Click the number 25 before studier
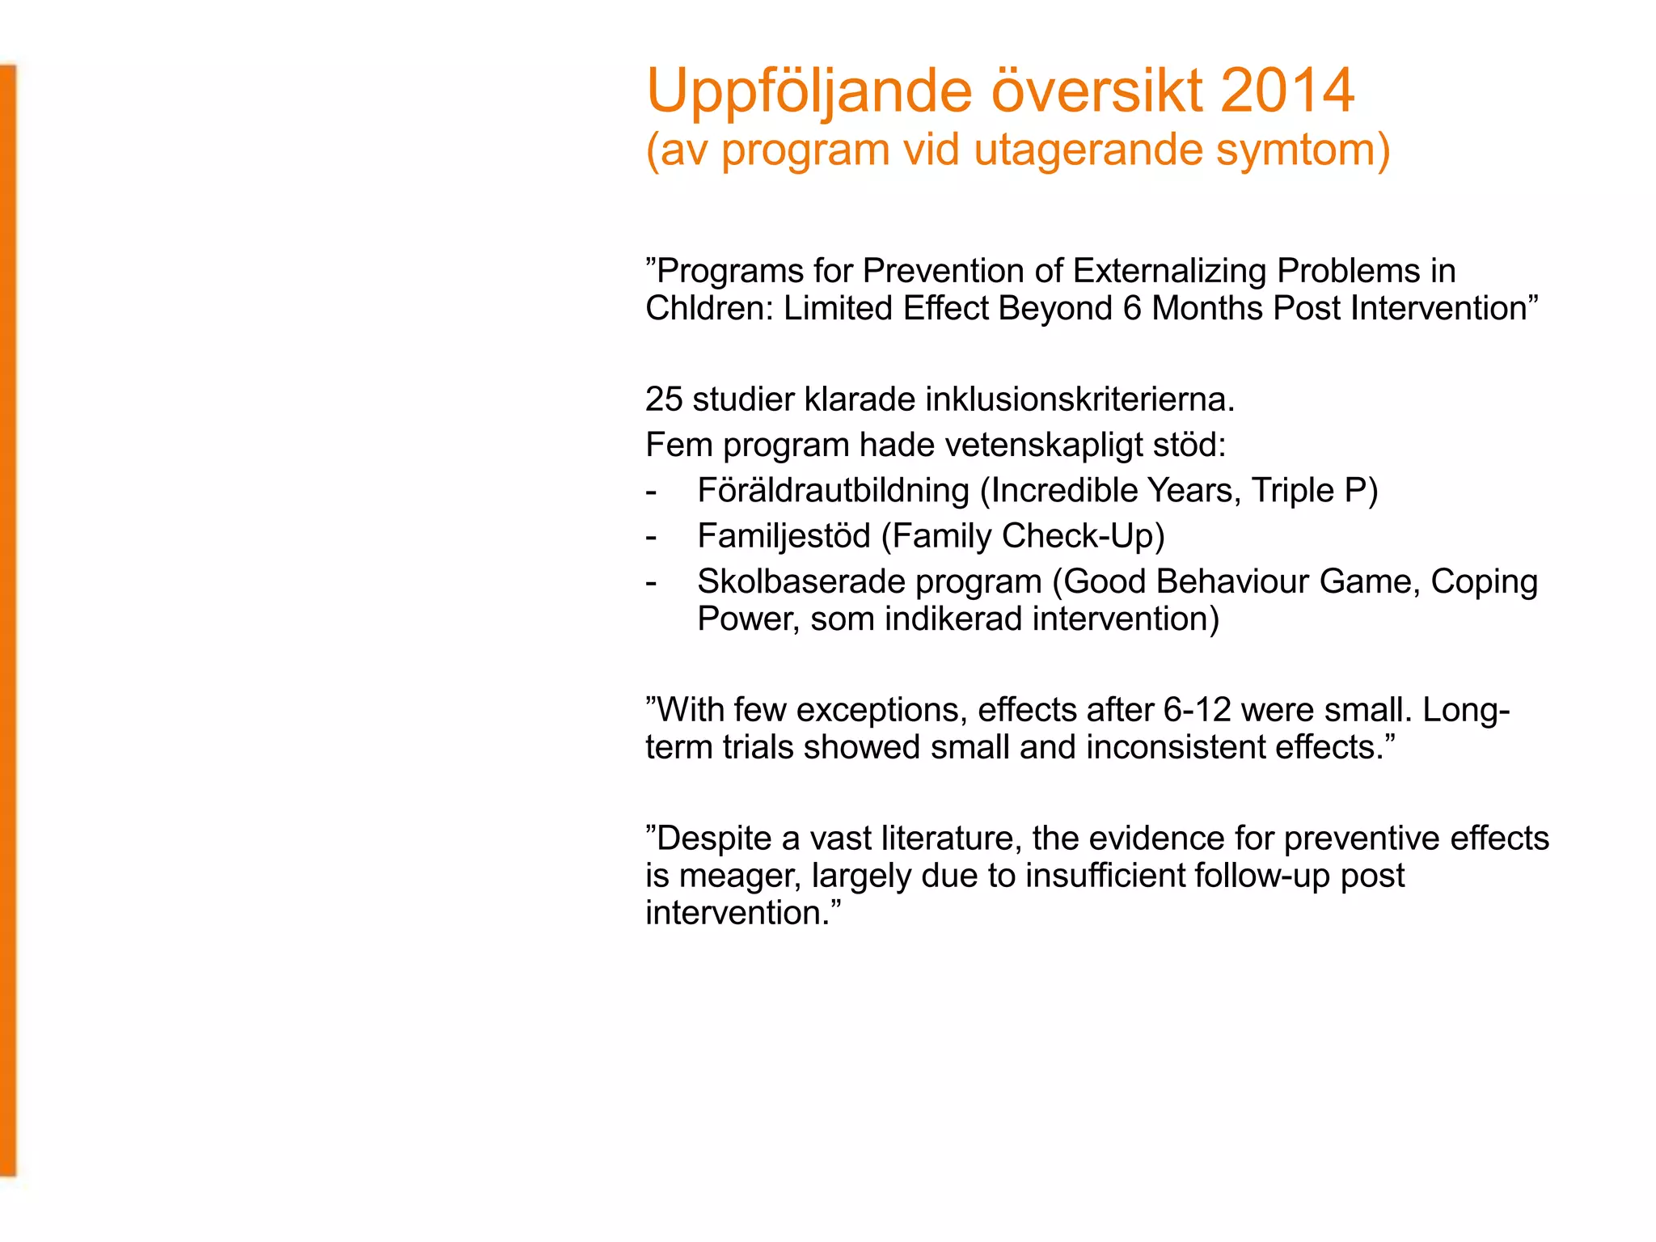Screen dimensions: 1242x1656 point(664,399)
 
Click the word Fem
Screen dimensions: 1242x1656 point(678,445)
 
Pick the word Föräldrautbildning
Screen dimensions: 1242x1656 point(833,491)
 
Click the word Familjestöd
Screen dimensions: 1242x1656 point(784,536)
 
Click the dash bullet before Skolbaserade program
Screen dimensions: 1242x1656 point(652,582)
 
